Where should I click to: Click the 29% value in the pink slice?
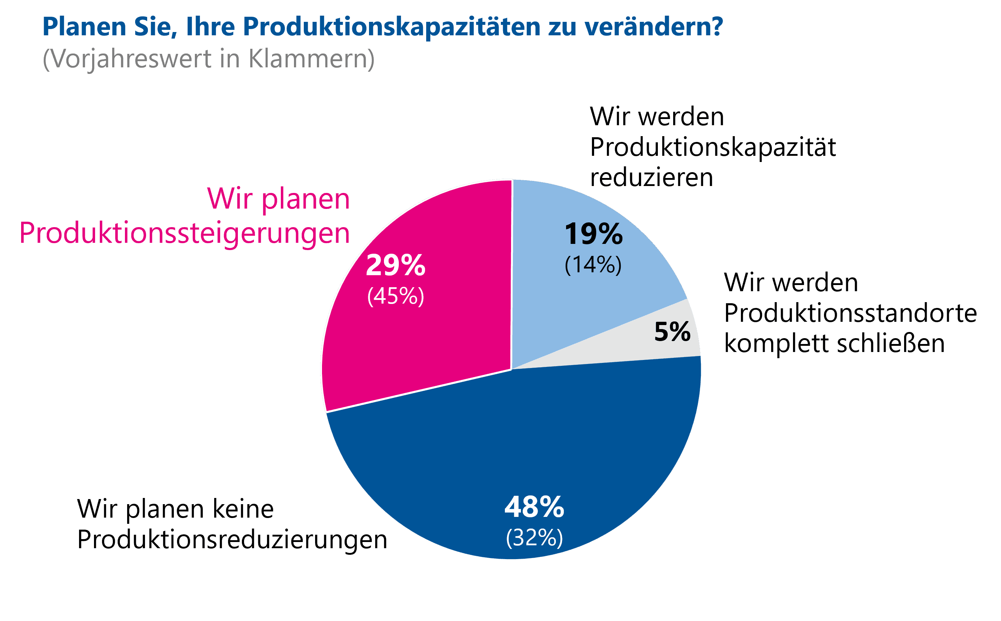[395, 265]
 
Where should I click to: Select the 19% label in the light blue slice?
[593, 234]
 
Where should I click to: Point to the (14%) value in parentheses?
[593, 265]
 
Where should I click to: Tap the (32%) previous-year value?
[534, 538]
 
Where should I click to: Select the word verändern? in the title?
[653, 27]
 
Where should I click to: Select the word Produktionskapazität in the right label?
[713, 147]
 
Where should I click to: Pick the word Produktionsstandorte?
[850, 313]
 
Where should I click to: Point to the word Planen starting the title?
[84, 27]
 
